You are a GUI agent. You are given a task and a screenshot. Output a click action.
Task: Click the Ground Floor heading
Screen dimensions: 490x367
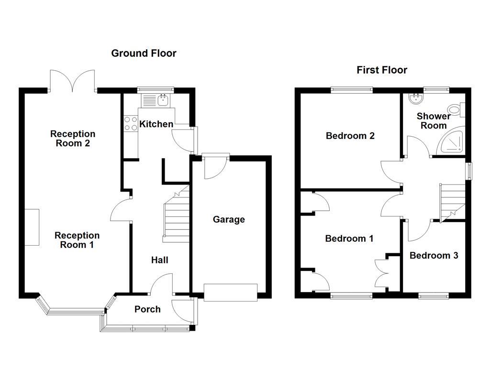[144, 54]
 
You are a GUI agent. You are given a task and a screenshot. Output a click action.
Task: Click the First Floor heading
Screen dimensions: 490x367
[382, 70]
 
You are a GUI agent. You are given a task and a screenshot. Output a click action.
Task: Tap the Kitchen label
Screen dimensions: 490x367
[156, 124]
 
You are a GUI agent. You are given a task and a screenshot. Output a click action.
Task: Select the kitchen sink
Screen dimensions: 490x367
[163, 100]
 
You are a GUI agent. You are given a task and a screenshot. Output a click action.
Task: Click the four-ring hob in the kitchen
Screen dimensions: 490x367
[131, 123]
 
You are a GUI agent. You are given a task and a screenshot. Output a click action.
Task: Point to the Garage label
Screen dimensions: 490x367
[229, 219]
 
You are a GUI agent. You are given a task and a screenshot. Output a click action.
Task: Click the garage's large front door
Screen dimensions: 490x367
[231, 292]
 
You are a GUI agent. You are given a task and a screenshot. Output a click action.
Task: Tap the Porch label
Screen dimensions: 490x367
[147, 309]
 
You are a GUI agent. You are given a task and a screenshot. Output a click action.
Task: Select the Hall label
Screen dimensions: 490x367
[160, 260]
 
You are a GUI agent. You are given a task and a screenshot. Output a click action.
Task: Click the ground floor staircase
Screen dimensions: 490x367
[177, 216]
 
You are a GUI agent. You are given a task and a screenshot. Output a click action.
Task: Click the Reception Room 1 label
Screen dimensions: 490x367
[77, 240]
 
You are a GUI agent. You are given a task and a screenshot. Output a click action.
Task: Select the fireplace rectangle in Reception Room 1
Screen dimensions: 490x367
[32, 227]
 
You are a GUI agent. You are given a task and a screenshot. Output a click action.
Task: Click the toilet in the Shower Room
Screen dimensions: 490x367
[456, 109]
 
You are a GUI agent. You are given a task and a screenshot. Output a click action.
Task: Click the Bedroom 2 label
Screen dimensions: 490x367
[350, 136]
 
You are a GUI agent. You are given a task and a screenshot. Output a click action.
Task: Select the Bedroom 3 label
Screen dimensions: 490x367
[434, 256]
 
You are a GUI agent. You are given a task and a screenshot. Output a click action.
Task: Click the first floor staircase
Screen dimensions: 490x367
[453, 203]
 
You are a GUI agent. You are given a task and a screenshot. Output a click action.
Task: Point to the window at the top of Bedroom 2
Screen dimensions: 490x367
[352, 90]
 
